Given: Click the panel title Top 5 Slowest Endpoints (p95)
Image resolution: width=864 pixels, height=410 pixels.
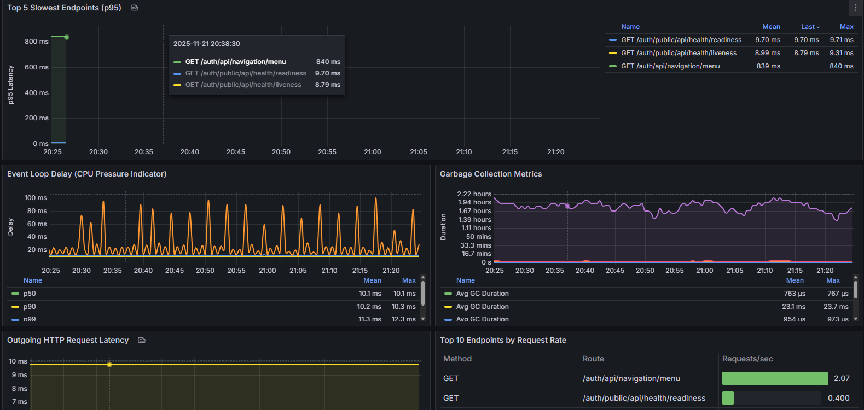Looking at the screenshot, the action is coord(64,8).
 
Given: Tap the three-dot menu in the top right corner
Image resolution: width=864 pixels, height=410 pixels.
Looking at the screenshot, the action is coord(855,8).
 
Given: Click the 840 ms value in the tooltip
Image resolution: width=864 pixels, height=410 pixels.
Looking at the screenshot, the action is coord(328,62).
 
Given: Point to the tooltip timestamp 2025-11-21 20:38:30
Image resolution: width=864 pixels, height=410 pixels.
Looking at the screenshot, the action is coord(206,44).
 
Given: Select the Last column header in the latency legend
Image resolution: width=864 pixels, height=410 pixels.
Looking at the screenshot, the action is coord(808,27).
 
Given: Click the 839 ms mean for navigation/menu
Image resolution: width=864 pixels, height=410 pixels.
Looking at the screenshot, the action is coord(768,66).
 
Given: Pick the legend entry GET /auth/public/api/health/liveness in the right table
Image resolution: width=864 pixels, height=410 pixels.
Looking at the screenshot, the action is coord(679,53).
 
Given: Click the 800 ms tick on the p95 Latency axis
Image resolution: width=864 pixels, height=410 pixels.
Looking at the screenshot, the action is coord(37,41).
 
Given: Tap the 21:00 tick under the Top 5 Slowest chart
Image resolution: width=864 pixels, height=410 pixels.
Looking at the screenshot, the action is coord(372,152).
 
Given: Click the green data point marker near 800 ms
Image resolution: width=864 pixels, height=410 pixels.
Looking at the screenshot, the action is coord(67,37).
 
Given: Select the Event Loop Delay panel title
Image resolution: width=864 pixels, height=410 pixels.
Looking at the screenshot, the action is coord(87,174).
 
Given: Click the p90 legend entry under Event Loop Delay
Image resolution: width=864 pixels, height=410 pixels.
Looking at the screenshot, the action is coord(30,306).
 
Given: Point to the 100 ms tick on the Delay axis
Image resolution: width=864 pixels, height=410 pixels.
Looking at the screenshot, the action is coord(36,198).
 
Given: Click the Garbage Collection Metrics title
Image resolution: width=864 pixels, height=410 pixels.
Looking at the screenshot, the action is coord(491,174).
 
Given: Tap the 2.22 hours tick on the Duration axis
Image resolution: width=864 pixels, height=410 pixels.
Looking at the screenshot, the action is coord(474,194).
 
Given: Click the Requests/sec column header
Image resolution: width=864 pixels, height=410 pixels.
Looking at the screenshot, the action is coord(747,359).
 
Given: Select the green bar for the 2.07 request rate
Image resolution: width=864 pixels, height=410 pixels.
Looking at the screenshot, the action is coord(775,378).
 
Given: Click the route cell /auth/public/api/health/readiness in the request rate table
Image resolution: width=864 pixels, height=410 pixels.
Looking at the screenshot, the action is coord(643,398).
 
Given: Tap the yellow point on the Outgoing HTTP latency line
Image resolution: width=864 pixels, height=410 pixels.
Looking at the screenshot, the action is coord(109,364).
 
